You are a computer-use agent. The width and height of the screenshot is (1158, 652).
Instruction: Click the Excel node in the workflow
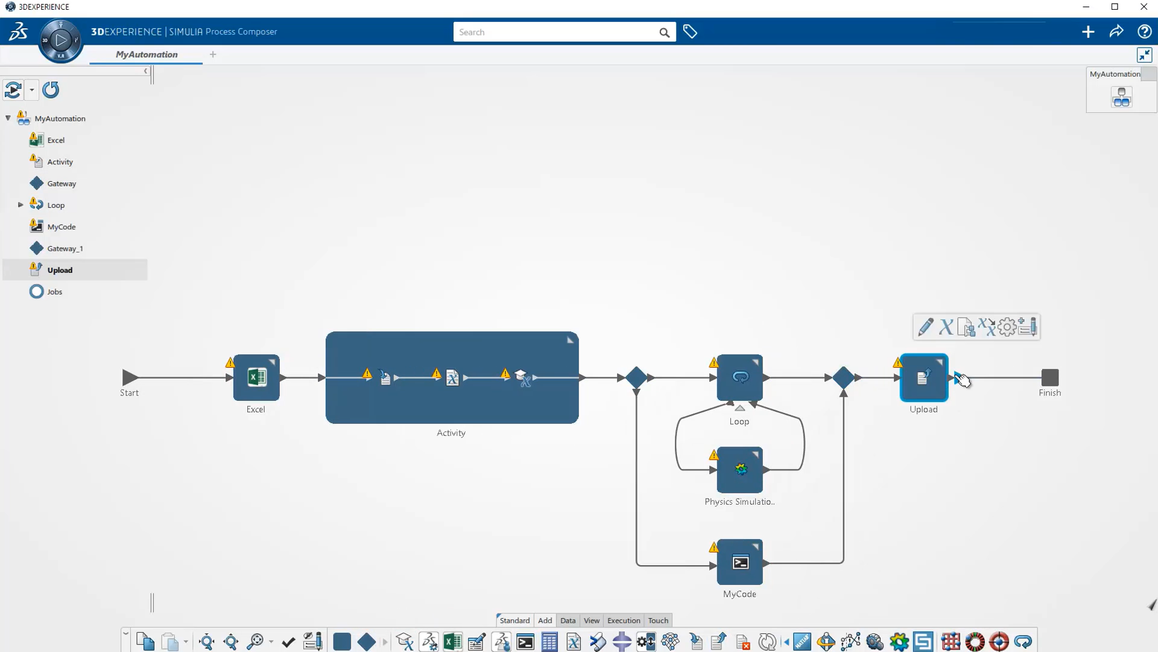[256, 377]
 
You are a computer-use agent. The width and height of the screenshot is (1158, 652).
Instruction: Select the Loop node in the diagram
[740, 377]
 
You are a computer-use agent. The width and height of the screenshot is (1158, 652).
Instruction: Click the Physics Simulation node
[740, 470]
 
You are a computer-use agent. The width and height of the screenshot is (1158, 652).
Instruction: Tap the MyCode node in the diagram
[740, 562]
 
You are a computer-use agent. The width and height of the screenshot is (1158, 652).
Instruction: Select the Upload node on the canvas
[923, 377]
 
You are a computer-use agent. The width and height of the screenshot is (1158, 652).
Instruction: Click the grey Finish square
[1049, 377]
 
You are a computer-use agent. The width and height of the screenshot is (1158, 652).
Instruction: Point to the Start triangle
[130, 377]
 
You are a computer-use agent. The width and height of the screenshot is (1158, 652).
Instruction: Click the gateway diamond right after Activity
[636, 377]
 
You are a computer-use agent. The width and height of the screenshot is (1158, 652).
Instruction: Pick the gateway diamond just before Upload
[843, 377]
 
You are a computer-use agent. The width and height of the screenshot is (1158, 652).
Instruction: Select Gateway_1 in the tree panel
[65, 248]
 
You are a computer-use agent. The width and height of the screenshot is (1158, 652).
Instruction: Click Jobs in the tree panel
[55, 292]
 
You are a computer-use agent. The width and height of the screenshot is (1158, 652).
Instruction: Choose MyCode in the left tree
[62, 226]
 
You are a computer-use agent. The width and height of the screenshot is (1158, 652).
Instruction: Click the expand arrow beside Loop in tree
[21, 205]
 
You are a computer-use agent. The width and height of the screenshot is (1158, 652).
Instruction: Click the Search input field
[555, 32]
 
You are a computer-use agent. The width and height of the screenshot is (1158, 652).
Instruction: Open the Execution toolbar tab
[624, 620]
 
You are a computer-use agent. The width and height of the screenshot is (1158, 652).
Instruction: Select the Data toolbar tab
[568, 620]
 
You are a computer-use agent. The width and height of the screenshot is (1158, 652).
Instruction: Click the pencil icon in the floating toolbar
[926, 327]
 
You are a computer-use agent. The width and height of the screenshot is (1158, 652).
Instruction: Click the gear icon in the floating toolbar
[1007, 327]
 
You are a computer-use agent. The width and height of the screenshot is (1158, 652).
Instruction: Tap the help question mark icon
[1144, 31]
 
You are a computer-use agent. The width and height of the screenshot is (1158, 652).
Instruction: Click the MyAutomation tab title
[147, 54]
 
